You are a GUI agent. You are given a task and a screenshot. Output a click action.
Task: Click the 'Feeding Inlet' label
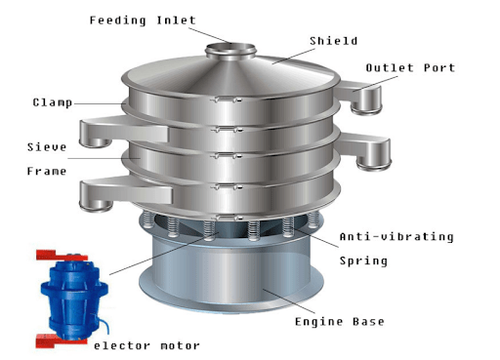click(x=143, y=20)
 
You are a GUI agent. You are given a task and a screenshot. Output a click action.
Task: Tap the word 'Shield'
click(x=333, y=41)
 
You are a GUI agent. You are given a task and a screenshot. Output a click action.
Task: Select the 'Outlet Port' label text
click(x=410, y=68)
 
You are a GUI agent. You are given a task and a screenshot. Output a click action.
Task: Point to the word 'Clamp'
click(x=53, y=102)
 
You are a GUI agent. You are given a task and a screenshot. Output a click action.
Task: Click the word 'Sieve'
click(x=47, y=147)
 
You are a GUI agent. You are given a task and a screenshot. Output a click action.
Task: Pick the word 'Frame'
click(x=47, y=171)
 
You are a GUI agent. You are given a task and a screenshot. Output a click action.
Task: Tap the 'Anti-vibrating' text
click(x=396, y=237)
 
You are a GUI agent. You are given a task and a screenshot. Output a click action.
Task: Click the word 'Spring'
click(x=363, y=260)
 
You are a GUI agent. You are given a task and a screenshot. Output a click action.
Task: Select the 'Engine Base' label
click(x=340, y=322)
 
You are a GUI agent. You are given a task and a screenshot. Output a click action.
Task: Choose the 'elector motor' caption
click(x=146, y=345)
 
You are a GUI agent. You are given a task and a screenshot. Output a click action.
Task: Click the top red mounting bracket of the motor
click(x=62, y=255)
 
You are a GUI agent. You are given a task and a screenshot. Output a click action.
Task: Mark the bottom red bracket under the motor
click(x=61, y=341)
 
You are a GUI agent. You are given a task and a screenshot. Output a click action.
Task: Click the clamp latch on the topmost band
click(x=227, y=100)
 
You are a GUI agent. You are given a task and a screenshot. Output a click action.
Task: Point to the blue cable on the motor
click(x=101, y=323)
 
